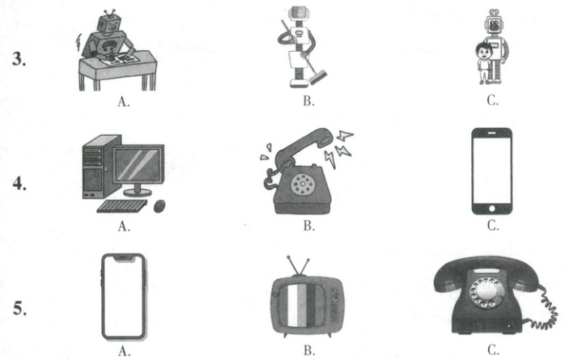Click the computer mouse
click(159, 205)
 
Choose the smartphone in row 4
click(491, 170)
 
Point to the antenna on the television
click(302, 264)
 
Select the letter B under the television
click(308, 350)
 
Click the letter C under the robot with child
click(493, 101)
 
